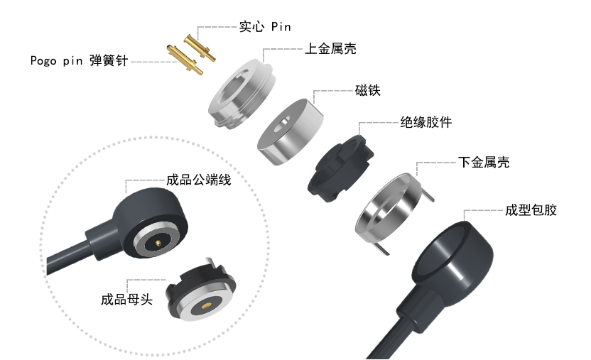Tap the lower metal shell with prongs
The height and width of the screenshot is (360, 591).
[x=389, y=207]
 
